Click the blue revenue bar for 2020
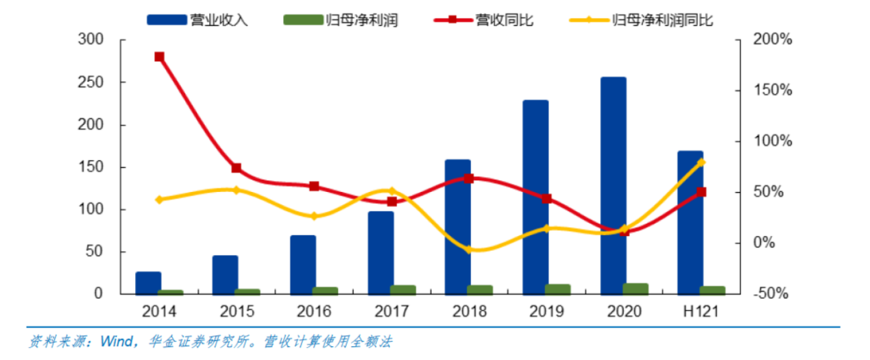(613, 185)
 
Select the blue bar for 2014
(148, 283)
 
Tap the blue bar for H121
(690, 222)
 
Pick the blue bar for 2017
(380, 252)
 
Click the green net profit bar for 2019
(557, 289)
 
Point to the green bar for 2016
(326, 290)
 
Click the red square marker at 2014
(159, 57)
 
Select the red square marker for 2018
(469, 179)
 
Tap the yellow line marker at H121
(701, 163)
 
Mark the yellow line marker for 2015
(237, 190)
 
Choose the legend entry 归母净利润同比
(662, 20)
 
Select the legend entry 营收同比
(505, 20)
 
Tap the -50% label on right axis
(772, 293)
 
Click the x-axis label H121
(701, 312)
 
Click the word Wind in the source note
(117, 341)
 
